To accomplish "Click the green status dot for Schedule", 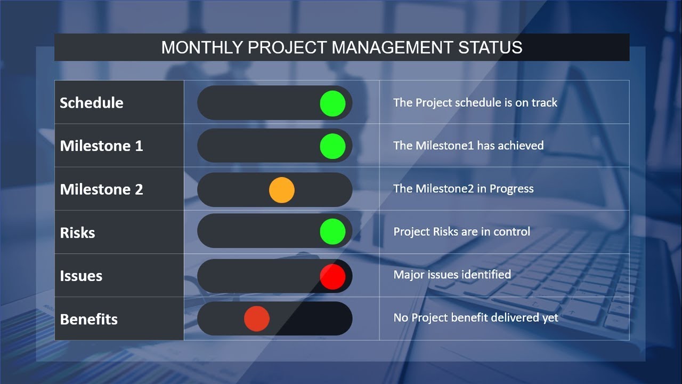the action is [x=333, y=103].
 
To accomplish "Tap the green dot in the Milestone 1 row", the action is [x=333, y=146].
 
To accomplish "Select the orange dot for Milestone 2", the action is [x=282, y=190].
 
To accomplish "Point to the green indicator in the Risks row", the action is [x=333, y=231].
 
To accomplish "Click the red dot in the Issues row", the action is [x=333, y=277].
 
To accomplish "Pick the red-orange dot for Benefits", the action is [x=257, y=319].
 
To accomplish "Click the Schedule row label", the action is [x=92, y=103].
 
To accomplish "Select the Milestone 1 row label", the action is [x=101, y=146].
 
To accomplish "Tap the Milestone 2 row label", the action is [x=101, y=189].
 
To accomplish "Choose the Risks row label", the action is [x=77, y=233].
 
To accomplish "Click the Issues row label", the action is [x=81, y=276].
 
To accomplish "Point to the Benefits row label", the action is [x=88, y=319].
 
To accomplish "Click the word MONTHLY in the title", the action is [x=202, y=47].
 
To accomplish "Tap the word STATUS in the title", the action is [x=490, y=47].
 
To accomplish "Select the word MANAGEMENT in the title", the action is [x=392, y=47].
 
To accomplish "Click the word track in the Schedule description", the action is [x=545, y=103].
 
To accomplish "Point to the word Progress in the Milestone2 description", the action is [x=511, y=189].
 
